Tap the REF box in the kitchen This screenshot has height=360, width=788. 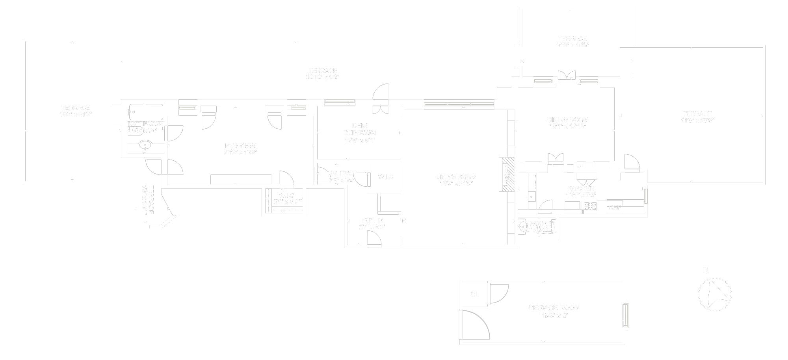614,207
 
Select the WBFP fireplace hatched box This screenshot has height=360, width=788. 507,174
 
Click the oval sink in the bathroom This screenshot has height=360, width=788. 145,145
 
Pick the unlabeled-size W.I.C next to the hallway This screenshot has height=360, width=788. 385,177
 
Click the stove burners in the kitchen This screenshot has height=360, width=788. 589,206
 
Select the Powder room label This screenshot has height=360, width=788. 537,223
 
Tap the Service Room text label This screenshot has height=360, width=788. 554,308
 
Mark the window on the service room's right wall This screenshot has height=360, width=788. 625,315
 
